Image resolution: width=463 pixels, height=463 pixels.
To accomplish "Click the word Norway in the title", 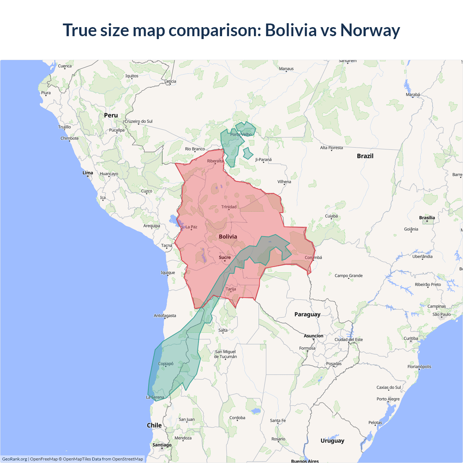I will click(370, 30).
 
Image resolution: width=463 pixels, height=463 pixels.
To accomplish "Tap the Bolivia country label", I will click(228, 237).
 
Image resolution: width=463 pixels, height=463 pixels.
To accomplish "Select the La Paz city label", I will click(191, 227).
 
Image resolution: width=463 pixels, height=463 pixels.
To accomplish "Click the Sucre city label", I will click(225, 258).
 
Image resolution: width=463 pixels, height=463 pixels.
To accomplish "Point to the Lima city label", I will click(88, 173).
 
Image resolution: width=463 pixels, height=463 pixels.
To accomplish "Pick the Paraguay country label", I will click(307, 314).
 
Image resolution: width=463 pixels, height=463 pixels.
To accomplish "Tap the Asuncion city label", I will click(313, 336).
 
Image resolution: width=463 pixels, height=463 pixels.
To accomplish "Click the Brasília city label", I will click(427, 218).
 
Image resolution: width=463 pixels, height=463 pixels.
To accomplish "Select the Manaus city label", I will click(286, 69).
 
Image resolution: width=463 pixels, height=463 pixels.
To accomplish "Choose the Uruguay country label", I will click(332, 441).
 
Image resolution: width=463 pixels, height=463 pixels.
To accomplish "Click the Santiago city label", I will click(162, 445).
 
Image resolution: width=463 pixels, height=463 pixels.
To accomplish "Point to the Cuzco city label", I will click(146, 191).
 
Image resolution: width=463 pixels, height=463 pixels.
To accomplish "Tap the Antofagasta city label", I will click(165, 315).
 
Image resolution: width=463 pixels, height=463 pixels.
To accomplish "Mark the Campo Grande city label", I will click(348, 276).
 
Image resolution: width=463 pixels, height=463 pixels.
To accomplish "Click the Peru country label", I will click(111, 115).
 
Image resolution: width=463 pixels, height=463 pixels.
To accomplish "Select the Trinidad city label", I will click(229, 207).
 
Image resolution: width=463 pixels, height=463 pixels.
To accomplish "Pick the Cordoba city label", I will click(237, 418).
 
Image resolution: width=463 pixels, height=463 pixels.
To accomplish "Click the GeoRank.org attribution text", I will click(14, 459).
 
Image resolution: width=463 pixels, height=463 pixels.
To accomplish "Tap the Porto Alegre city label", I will click(388, 399).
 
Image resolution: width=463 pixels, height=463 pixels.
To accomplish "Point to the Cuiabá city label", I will click(331, 216).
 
